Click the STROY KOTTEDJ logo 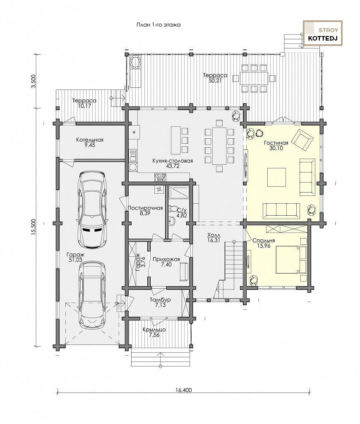pos(322,33)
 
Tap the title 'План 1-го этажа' pos(158,25)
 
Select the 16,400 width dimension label pos(183,390)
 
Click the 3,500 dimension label pos(34,81)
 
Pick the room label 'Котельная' pos(90,140)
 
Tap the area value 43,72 pos(173,166)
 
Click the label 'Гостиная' pos(276,143)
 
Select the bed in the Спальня pos(291,260)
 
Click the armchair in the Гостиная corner pos(303,139)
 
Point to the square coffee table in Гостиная pos(276,177)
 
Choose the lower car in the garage pos(92,295)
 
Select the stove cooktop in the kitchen pos(160,177)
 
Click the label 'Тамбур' pos(160,300)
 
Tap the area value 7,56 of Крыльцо pos(154,335)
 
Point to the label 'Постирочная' pos(145,208)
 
